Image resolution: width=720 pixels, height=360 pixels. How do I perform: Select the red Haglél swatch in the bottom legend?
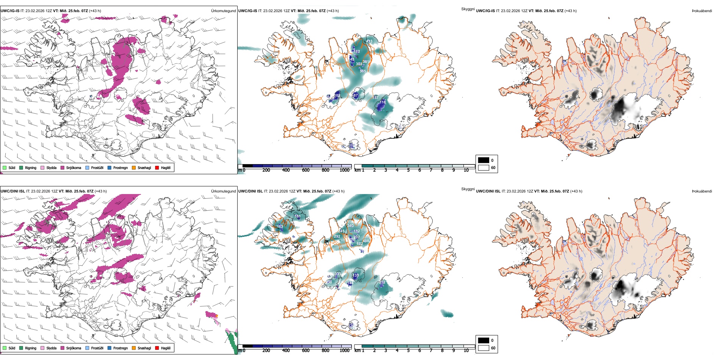[x=157, y=348]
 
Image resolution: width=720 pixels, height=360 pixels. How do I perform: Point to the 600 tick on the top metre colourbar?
[x=306, y=170]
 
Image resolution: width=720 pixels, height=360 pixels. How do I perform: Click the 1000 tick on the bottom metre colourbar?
[x=344, y=351]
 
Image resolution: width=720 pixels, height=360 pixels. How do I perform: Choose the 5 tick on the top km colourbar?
[x=409, y=170]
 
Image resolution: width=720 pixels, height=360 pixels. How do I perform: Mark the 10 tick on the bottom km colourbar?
[x=466, y=351]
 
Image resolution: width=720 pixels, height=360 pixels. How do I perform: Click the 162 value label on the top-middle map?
[x=357, y=52]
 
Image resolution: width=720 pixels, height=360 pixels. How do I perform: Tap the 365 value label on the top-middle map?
[x=363, y=71]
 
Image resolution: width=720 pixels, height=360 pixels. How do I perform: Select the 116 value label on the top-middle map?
[x=383, y=102]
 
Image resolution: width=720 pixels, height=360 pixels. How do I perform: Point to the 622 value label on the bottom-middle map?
[x=360, y=244]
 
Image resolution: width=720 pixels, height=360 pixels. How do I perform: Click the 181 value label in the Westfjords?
[x=297, y=217]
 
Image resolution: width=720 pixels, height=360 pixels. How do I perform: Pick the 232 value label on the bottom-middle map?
[x=382, y=282]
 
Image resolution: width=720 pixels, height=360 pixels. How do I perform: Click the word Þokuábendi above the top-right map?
[x=702, y=11]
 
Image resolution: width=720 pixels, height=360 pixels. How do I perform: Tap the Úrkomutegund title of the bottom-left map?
[x=223, y=191]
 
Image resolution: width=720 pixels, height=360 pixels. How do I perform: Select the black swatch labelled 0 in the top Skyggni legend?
[x=484, y=160]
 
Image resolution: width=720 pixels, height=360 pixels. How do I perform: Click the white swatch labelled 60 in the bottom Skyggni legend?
[x=484, y=348]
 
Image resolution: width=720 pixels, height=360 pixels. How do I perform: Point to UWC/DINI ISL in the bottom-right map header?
[x=488, y=191]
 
